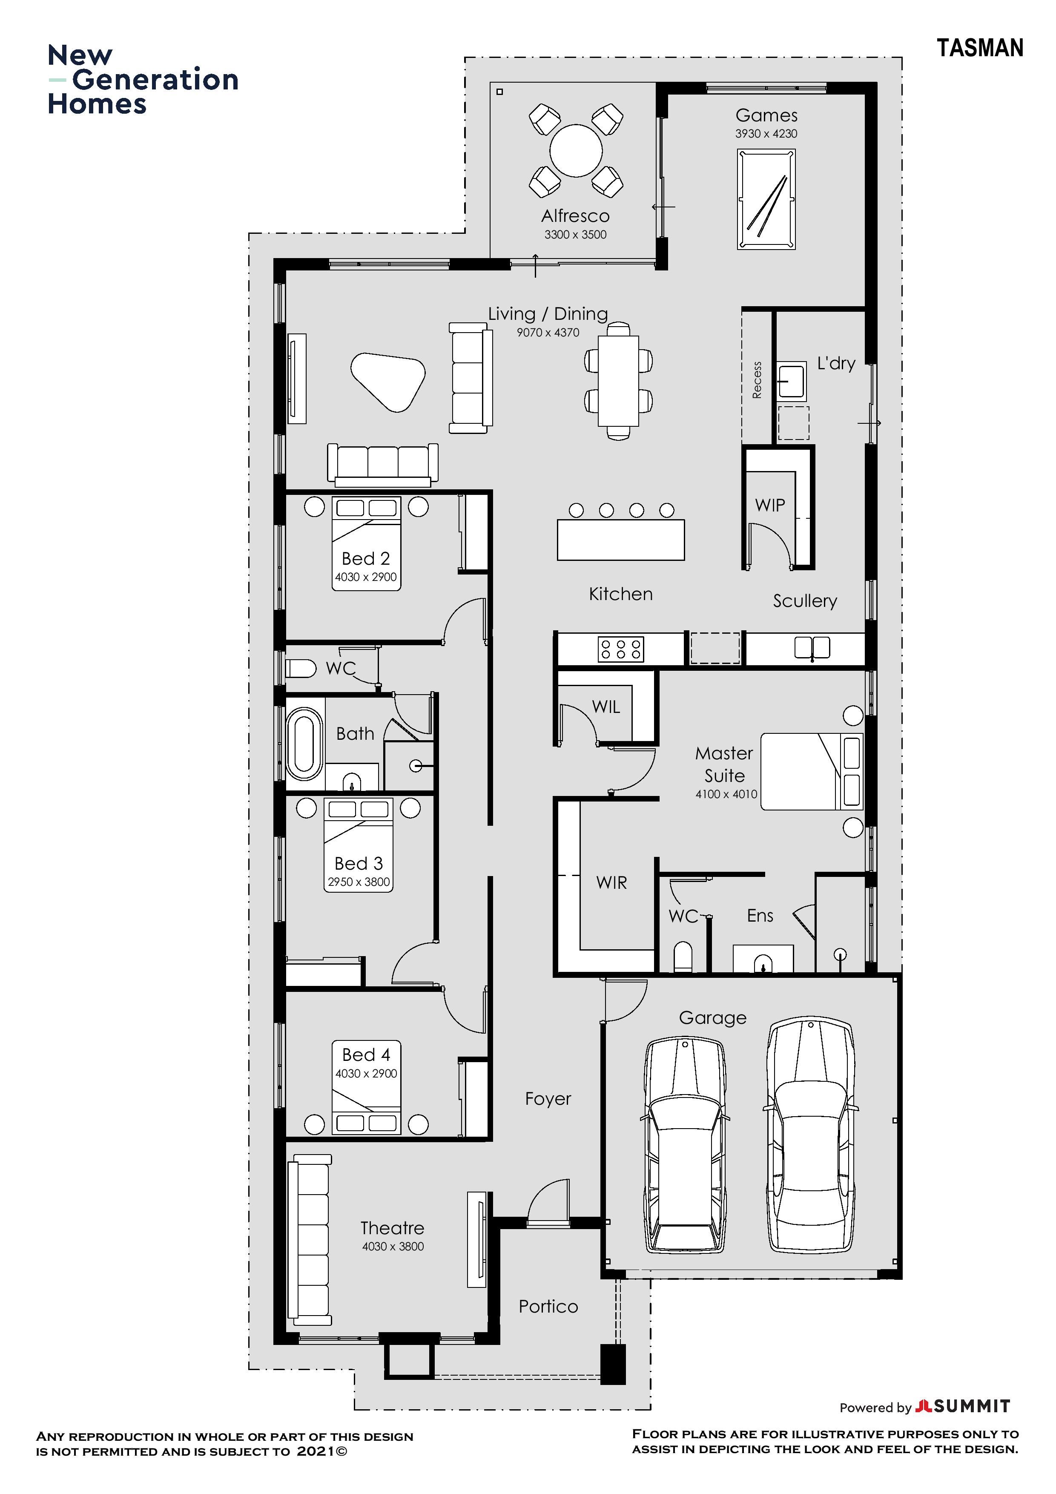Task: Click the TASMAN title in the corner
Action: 980,48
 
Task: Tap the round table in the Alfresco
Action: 576,150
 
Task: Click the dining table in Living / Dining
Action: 618,381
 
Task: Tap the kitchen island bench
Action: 621,540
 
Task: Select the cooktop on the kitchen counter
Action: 621,649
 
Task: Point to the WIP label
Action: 770,505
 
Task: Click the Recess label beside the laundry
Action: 757,380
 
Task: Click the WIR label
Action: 611,883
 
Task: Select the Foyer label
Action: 548,1099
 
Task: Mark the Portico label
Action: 548,1307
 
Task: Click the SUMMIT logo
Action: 962,1407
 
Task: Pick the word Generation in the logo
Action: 155,79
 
